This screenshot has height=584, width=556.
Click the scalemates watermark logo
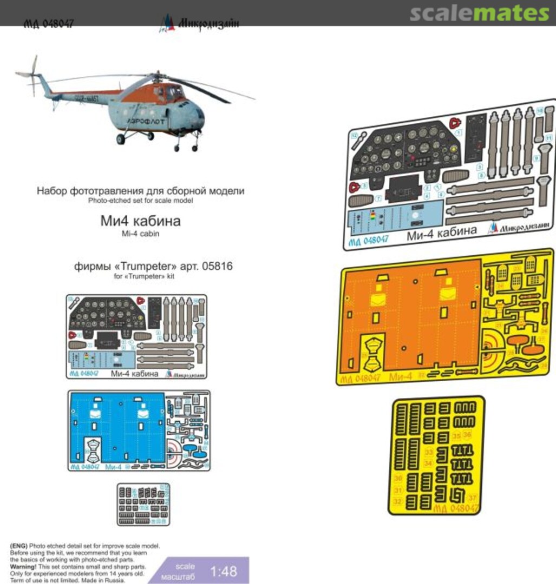[479, 13]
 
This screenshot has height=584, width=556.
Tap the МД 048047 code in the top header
[48, 24]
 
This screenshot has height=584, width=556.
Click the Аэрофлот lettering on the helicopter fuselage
[160, 122]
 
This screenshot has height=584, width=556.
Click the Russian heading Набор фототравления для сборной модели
[140, 191]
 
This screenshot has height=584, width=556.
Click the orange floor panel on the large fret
[409, 319]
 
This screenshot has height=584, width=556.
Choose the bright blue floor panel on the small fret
[116, 427]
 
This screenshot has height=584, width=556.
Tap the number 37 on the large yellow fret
[472, 498]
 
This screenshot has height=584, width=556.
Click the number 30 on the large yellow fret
[398, 479]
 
